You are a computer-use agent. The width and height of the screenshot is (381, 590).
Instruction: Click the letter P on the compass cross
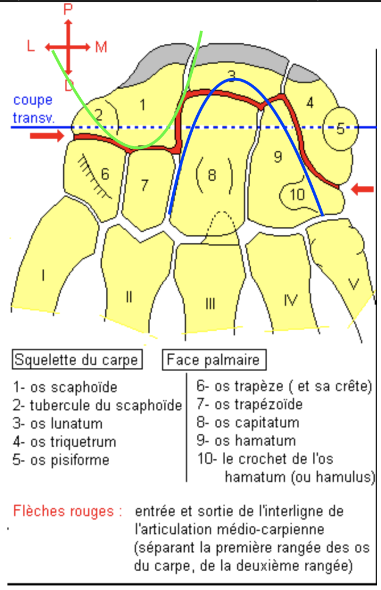pyautogui.click(x=68, y=9)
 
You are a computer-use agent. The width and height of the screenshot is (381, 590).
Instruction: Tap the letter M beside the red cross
pyautogui.click(x=101, y=47)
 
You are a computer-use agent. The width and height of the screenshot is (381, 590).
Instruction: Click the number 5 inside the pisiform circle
pyautogui.click(x=339, y=129)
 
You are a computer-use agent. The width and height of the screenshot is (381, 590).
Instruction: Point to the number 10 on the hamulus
pyautogui.click(x=297, y=194)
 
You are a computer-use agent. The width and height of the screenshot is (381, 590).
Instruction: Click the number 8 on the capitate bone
pyautogui.click(x=212, y=175)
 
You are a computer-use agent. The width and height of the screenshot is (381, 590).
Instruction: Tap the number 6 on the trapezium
pyautogui.click(x=105, y=173)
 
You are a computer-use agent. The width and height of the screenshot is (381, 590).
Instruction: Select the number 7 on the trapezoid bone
pyautogui.click(x=144, y=185)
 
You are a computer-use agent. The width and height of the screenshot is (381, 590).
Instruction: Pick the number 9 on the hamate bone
pyautogui.click(x=278, y=156)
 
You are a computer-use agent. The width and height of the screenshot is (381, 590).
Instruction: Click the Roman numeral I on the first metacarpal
pyautogui.click(x=43, y=276)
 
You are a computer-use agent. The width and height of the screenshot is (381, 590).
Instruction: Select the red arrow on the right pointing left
pyautogui.click(x=362, y=189)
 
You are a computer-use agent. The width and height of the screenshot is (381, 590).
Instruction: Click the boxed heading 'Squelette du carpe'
pyautogui.click(x=76, y=360)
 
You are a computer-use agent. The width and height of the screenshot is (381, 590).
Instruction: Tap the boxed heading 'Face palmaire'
pyautogui.click(x=213, y=360)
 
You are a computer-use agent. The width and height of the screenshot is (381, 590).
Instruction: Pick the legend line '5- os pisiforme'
pyautogui.click(x=61, y=459)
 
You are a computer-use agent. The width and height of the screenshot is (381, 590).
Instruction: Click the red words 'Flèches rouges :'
pyautogui.click(x=67, y=511)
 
